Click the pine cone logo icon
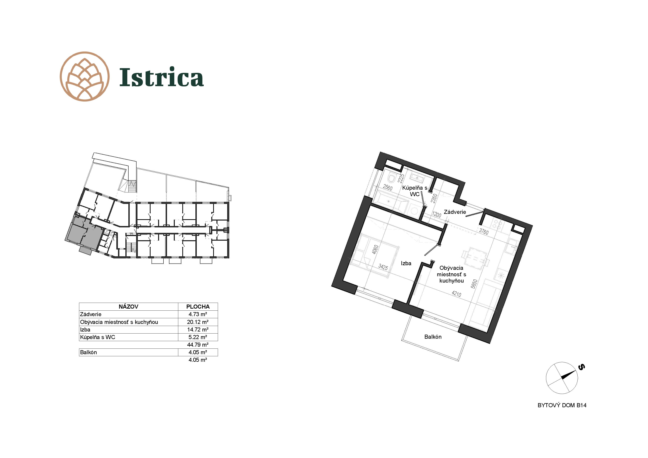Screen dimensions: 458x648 coord(85,76)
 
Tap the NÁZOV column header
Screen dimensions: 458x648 coord(128,306)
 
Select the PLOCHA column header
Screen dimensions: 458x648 coord(198,306)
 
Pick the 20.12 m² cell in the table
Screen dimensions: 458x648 coord(198,322)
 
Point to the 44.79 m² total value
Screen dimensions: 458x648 coord(198,345)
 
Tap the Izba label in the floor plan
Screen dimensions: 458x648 coord(406,263)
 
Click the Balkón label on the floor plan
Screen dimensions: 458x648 coord(433,337)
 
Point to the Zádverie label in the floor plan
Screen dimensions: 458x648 coord(455,212)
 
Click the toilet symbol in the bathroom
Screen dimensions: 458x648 coord(391,178)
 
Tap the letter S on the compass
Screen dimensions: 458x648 coord(581,367)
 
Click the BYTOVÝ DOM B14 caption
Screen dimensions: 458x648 coord(562,405)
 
